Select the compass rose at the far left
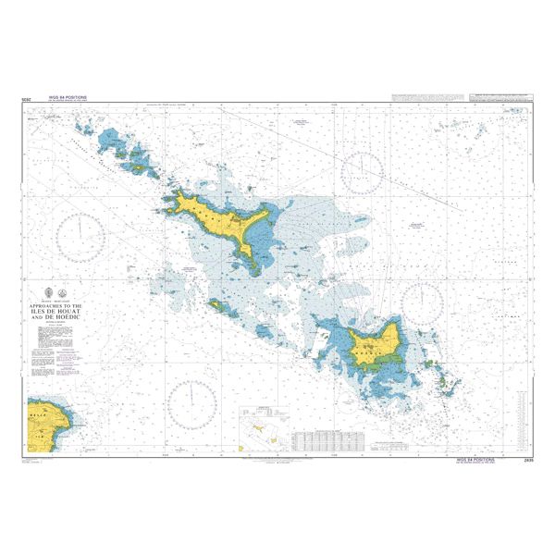pos(81,235)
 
